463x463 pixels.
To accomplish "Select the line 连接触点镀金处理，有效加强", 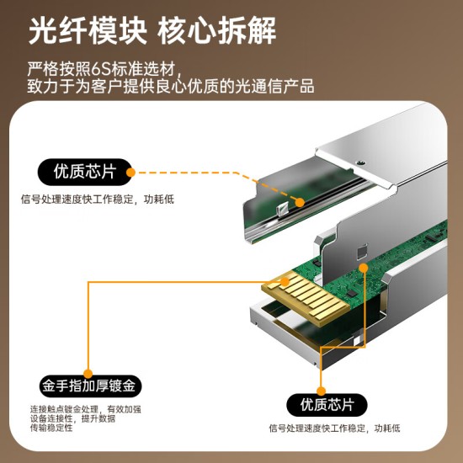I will pos(85,409).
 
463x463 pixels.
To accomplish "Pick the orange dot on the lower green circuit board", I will pos(363,269).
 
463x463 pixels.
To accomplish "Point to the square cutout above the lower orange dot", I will pos(363,250).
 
